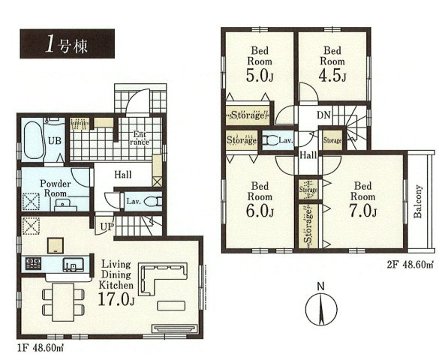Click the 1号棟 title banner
pos(67,43)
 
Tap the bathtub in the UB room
pos(33,139)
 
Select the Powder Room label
pos(56,188)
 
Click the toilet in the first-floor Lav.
pos(153,202)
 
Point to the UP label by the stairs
pos(107,226)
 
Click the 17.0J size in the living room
pos(116,299)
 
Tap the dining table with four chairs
pos(63,302)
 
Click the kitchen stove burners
pos(34,264)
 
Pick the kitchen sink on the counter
pos(74,265)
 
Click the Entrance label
pos(140,138)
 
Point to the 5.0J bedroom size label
pos(260,76)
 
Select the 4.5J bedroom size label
pos(332,76)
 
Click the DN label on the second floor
pos(323,115)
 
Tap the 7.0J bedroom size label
pos(362,211)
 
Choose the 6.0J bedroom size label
pos(260,211)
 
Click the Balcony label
pos(418,201)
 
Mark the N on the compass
pos(320,286)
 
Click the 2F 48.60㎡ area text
pos(410,265)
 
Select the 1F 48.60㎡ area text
pos(41,348)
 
